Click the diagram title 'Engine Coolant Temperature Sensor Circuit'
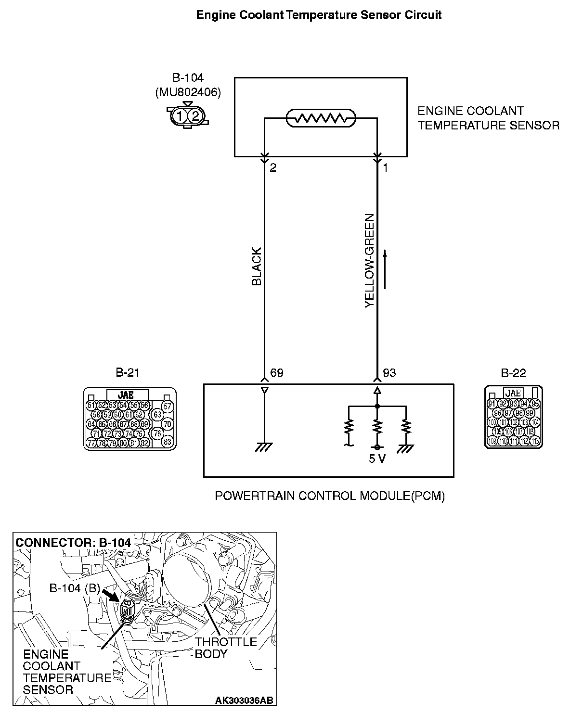[319, 15]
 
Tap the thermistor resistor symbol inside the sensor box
[321, 118]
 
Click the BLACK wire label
[257, 267]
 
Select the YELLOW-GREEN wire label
[370, 261]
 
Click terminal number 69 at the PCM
[277, 373]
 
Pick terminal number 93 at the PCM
[389, 373]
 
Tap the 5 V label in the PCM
[377, 458]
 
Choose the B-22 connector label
[513, 373]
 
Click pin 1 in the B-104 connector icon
[179, 115]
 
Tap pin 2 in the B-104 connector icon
[195, 115]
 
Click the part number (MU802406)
[188, 93]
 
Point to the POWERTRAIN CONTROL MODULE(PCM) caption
[329, 496]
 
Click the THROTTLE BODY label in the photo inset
[226, 648]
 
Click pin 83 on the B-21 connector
[168, 442]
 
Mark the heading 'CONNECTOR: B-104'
[73, 542]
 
